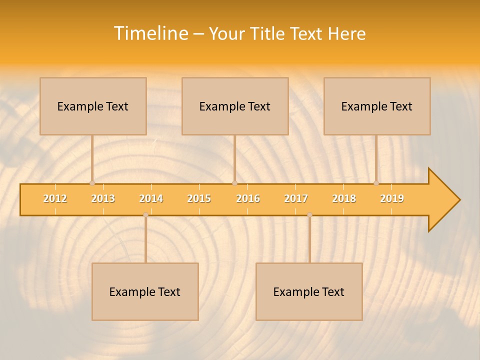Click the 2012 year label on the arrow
pyautogui.click(x=55, y=198)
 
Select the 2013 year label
pyautogui.click(x=103, y=198)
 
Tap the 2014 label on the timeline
pyautogui.click(x=151, y=198)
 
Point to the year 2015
pyautogui.click(x=199, y=198)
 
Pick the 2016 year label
pyautogui.click(x=248, y=198)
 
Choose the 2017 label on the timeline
pyautogui.click(x=296, y=198)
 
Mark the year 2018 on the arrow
pyautogui.click(x=344, y=198)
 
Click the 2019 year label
pyautogui.click(x=392, y=198)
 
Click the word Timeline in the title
pyautogui.click(x=150, y=33)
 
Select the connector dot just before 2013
pyautogui.click(x=92, y=183)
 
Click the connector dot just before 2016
pyautogui.click(x=234, y=183)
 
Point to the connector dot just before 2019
pyautogui.click(x=376, y=183)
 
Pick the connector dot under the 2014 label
pyautogui.click(x=145, y=215)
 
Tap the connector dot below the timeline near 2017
pyautogui.click(x=309, y=215)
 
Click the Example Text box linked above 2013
pyautogui.click(x=93, y=106)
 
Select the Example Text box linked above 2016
pyautogui.click(x=235, y=106)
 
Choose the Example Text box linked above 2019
pyautogui.click(x=377, y=106)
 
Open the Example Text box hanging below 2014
pyautogui.click(x=145, y=291)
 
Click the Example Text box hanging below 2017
pyautogui.click(x=309, y=291)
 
